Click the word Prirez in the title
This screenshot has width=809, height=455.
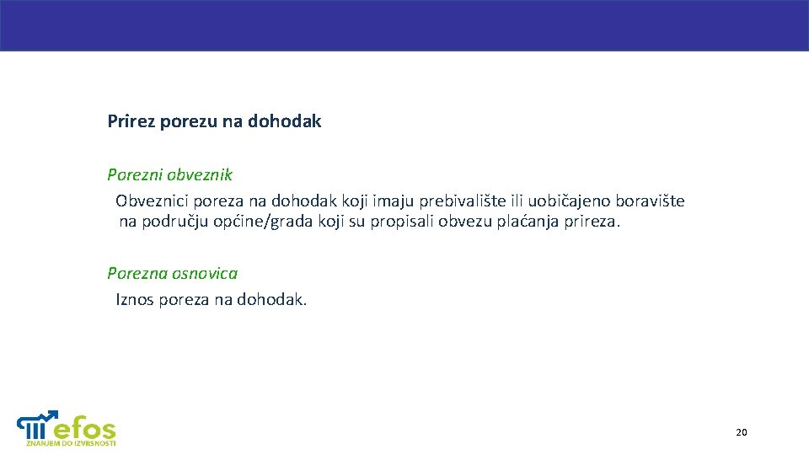[131, 121]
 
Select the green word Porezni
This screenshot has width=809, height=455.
[135, 175]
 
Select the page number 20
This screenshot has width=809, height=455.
[741, 432]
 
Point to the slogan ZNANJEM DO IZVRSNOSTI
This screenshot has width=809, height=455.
[71, 442]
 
